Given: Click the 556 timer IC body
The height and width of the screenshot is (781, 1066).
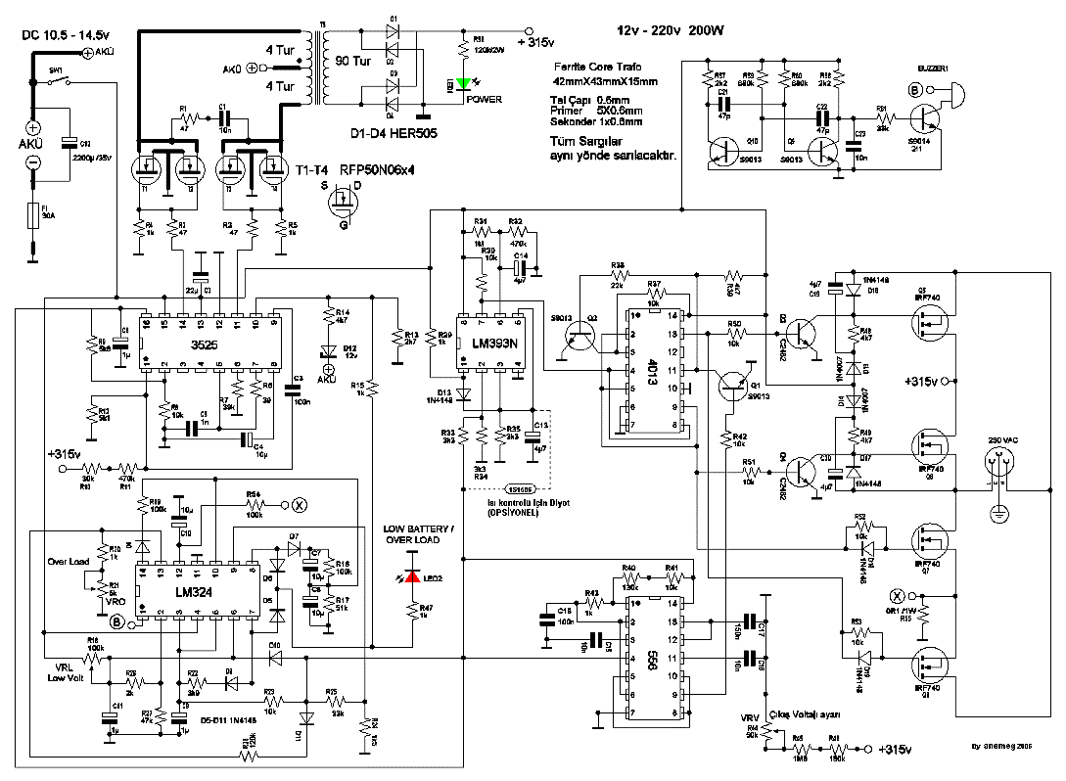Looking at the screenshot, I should pos(652,652).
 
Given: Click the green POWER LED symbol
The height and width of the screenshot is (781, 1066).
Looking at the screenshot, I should pos(466,84).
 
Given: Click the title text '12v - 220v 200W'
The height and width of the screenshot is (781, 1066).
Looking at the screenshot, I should pos(671,31).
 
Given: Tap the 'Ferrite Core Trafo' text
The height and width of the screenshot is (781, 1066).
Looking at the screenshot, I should pos(600,65).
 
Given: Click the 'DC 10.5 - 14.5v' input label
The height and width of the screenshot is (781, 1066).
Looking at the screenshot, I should pos(59,34).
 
